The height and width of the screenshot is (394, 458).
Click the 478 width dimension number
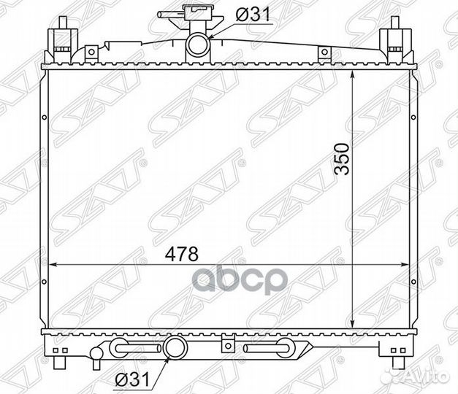click(x=181, y=254)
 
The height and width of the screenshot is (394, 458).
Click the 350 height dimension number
click(x=342, y=159)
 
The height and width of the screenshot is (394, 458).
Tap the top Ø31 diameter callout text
click(x=253, y=15)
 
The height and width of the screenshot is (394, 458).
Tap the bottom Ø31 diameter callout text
click(x=132, y=379)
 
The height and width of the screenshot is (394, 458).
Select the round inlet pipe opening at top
click(x=198, y=45)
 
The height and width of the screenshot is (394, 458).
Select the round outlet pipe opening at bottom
click(x=175, y=347)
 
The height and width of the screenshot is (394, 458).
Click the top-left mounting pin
click(x=63, y=23)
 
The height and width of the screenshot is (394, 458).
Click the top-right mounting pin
click(x=394, y=23)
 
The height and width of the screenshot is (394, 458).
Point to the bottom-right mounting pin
click(x=398, y=362)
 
